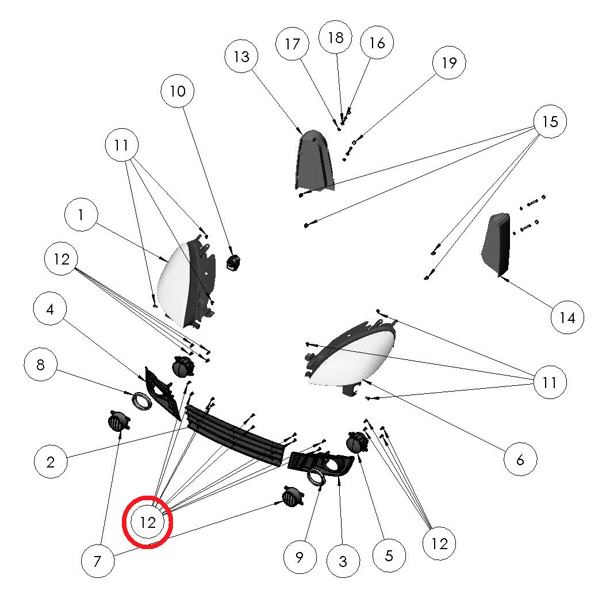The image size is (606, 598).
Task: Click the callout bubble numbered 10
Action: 178,91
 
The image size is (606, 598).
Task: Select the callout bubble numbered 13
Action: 241,56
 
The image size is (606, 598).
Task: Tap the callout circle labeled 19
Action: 448,63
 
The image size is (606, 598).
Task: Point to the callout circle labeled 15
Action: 550,121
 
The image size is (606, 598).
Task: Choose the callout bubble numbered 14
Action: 567,317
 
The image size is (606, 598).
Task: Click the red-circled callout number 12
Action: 148,522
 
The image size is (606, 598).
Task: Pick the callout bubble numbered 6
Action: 520,459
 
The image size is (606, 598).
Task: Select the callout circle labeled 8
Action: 40,365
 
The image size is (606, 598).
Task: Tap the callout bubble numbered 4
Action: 50,309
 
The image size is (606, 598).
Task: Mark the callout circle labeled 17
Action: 293,44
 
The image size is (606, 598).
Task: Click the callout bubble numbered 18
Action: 335,37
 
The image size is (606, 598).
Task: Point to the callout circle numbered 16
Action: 377,43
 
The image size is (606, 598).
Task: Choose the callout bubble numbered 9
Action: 300,557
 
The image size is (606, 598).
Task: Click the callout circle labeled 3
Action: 343,561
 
